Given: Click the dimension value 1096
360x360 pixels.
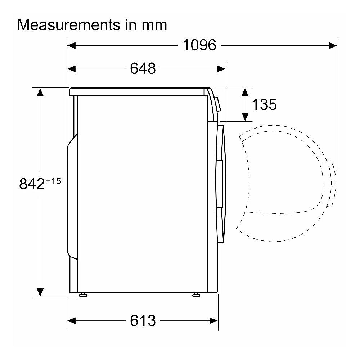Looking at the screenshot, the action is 199,45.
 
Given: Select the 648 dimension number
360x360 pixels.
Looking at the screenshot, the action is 143,68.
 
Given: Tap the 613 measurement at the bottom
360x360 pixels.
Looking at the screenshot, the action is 143,320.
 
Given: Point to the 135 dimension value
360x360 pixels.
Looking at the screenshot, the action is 264,104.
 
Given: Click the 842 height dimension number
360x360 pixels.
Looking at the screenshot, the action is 32,184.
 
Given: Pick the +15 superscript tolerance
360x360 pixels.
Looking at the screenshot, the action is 53,181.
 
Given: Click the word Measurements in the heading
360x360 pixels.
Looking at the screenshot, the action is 68,25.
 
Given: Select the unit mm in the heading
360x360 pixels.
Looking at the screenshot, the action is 154,26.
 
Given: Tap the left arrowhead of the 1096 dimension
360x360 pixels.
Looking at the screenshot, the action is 71,45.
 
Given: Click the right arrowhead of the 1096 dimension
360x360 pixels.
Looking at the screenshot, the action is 333,45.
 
